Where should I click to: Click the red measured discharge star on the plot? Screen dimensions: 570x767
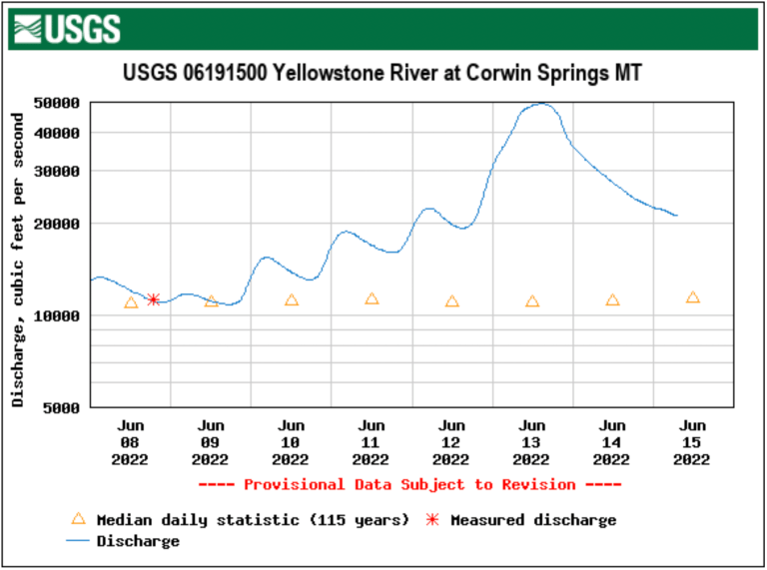click(x=153, y=299)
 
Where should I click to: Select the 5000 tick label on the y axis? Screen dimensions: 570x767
click(x=63, y=407)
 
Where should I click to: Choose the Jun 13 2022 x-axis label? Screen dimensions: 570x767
click(x=532, y=442)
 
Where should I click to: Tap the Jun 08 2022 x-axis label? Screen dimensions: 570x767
click(x=130, y=442)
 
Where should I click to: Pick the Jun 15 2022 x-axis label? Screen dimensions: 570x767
click(x=692, y=442)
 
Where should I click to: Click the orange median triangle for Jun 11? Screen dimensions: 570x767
click(x=372, y=298)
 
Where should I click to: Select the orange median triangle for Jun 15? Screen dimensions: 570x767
click(x=692, y=297)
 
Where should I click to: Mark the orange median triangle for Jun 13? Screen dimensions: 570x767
click(x=532, y=301)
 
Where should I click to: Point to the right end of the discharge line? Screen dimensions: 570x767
click(x=676, y=216)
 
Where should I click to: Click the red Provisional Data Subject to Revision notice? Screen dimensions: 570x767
click(x=409, y=484)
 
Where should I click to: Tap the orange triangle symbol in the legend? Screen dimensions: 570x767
click(x=78, y=519)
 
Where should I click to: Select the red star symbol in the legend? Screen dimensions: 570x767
click(x=433, y=520)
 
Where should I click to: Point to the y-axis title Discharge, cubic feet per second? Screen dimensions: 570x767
click(x=18, y=259)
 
